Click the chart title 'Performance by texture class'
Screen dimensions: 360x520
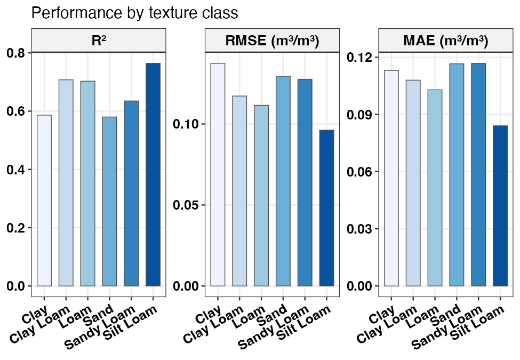[134, 13]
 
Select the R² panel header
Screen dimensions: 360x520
[99, 41]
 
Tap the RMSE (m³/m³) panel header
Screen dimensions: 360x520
[273, 41]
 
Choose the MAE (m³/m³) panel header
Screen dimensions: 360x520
[446, 41]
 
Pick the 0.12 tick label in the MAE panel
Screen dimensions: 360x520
[360, 57]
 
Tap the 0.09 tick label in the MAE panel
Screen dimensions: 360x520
[360, 115]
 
